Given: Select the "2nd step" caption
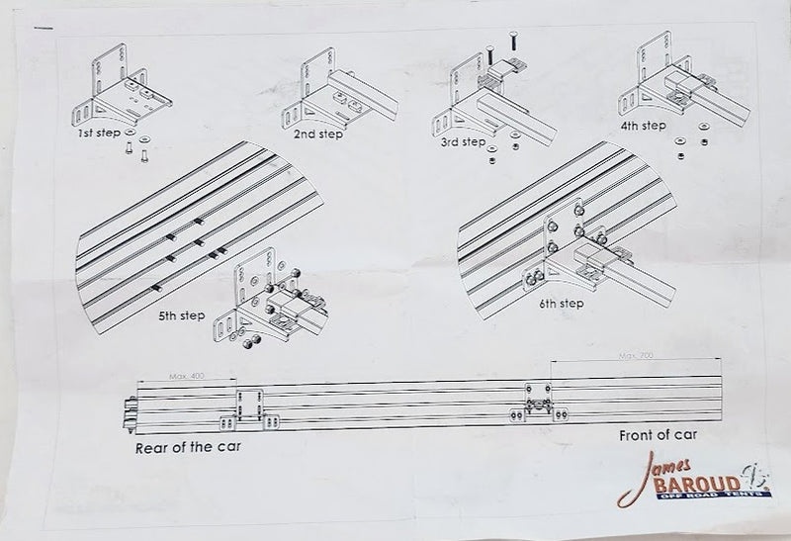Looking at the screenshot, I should click(x=317, y=134).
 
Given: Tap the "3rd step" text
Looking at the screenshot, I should click(x=465, y=142).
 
